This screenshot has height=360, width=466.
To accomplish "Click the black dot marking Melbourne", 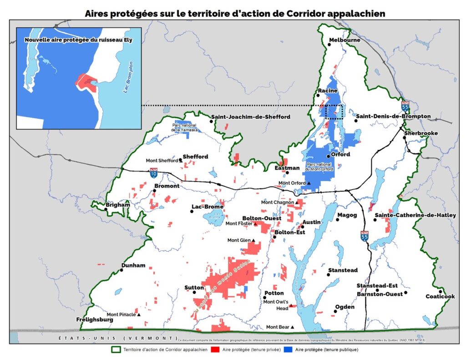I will [329, 44].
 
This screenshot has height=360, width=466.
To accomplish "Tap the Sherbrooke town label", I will [421, 133].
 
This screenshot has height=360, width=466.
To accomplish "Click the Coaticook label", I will [440, 297].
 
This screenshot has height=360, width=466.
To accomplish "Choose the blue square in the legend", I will [288, 350].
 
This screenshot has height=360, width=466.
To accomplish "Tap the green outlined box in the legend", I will [116, 350].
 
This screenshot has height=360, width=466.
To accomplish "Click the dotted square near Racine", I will [334, 112].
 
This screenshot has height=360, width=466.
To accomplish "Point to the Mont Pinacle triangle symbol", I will [139, 314].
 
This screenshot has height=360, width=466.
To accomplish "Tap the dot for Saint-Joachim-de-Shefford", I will [212, 122].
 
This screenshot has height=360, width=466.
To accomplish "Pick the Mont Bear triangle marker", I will [292, 327].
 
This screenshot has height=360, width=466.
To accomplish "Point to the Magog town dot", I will [338, 220].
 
